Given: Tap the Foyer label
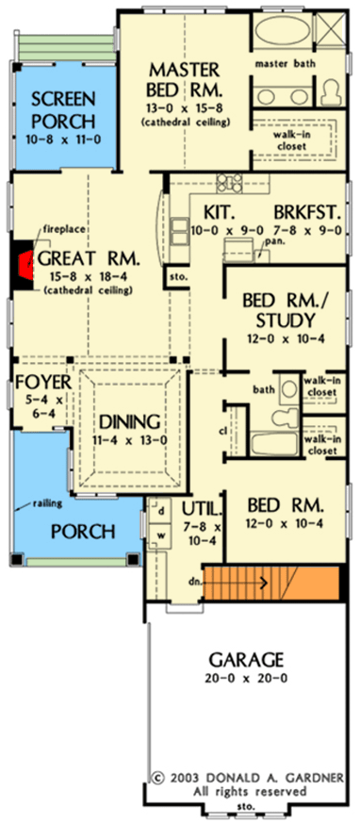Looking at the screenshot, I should click(x=39, y=383).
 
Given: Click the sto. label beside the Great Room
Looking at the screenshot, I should click(x=177, y=276).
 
